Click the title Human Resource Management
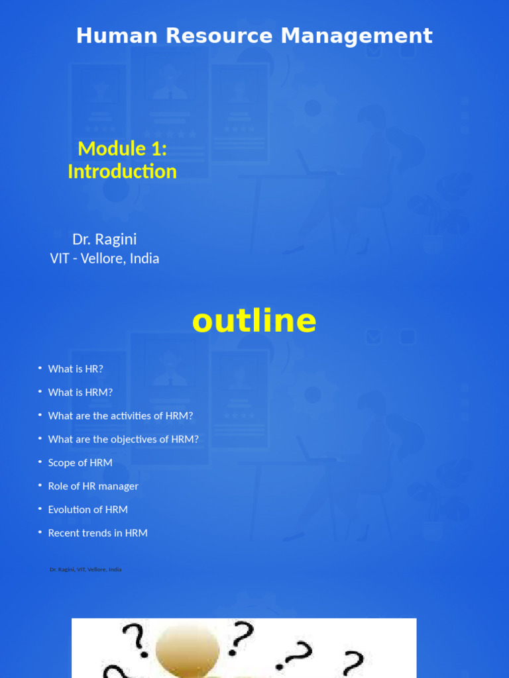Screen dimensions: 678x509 (254, 36)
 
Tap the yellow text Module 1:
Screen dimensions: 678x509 (122, 148)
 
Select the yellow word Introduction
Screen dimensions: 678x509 (122, 171)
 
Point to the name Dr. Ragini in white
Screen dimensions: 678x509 (105, 239)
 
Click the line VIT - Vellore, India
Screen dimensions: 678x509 (105, 258)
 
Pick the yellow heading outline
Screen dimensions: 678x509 (254, 322)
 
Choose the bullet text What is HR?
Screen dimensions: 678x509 (76, 369)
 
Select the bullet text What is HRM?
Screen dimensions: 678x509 (80, 392)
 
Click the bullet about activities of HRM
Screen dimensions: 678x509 (121, 416)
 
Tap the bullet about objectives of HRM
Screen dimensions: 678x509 (123, 439)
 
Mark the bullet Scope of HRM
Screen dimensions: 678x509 (80, 463)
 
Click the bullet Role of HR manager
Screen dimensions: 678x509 (93, 486)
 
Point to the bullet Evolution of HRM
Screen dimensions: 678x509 (88, 509)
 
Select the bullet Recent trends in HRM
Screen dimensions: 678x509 (98, 533)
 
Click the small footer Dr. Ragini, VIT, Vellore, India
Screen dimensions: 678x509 (85, 569)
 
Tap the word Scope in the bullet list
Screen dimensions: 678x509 (62, 463)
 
